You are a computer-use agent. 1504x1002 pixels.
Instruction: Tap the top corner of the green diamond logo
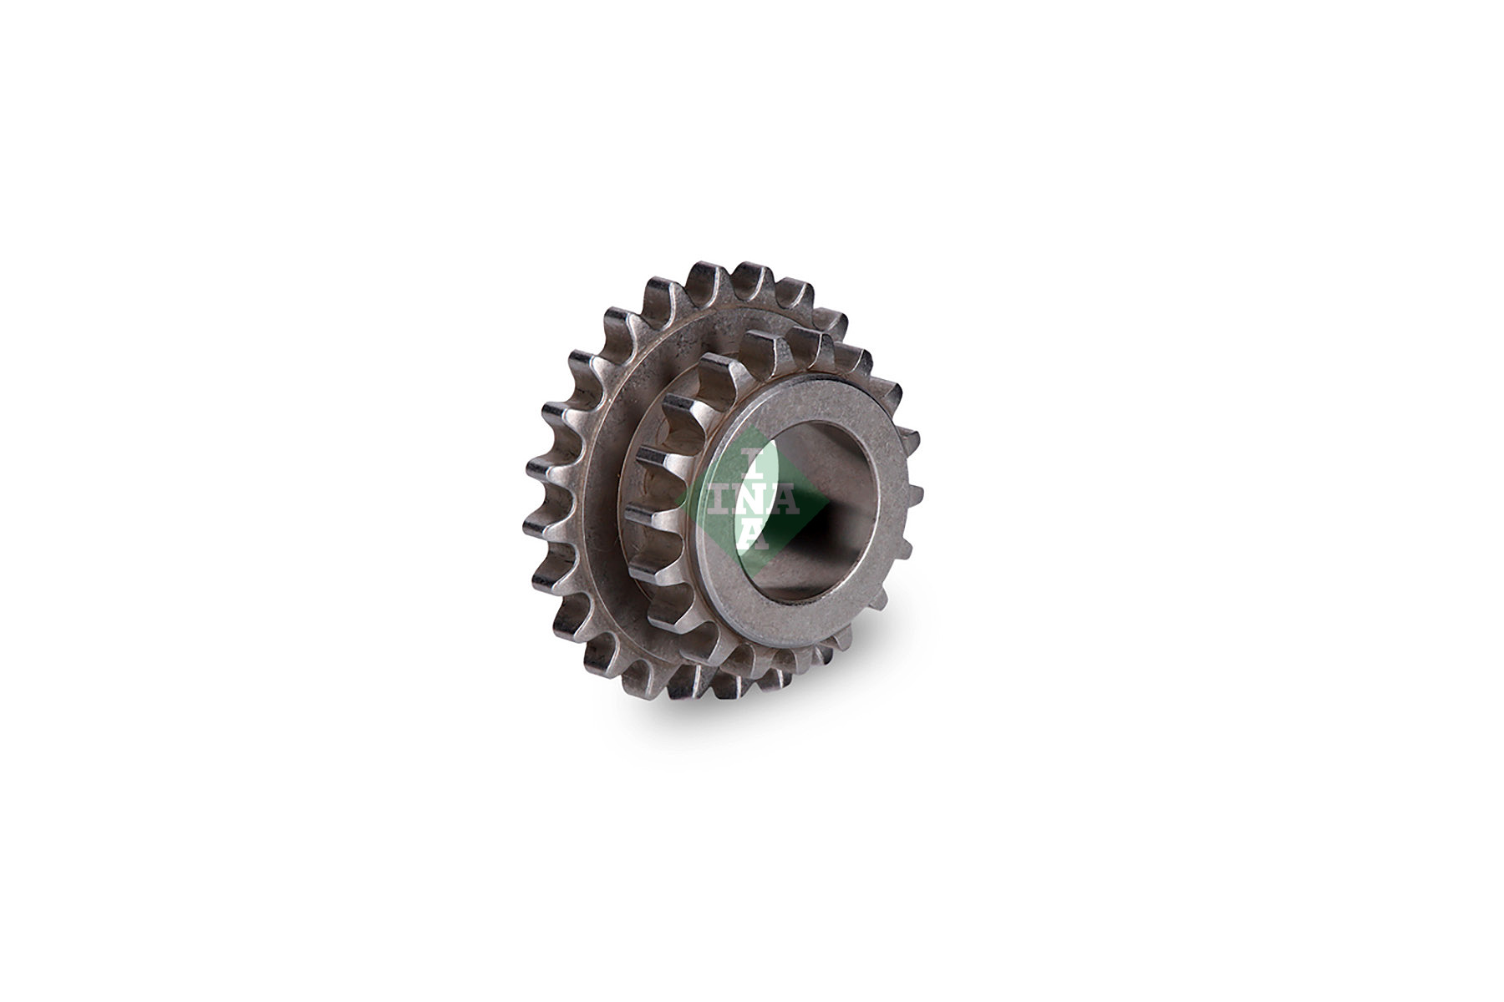pos(753,428)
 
